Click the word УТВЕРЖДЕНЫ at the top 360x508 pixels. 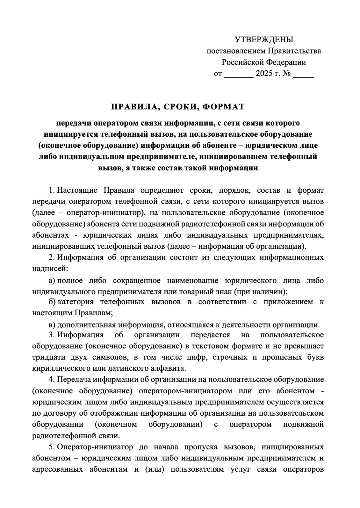[264, 39]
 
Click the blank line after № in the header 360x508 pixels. [303, 75]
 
